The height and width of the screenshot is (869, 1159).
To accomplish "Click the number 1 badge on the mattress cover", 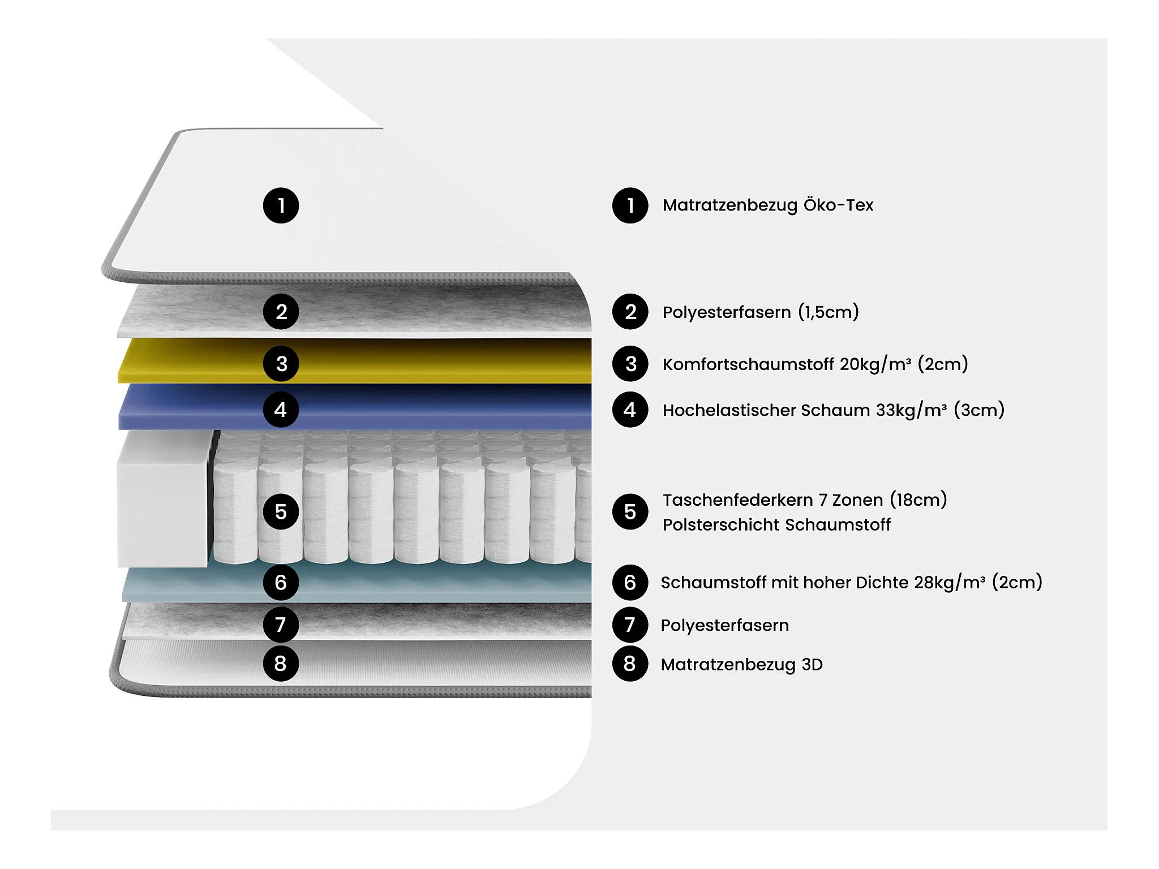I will (281, 205).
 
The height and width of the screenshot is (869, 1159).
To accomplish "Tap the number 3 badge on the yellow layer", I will (281, 364).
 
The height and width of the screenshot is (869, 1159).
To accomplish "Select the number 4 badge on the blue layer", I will (281, 410).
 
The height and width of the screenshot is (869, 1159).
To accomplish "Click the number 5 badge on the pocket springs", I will (281, 511).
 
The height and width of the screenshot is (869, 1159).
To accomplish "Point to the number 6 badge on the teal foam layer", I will (281, 582).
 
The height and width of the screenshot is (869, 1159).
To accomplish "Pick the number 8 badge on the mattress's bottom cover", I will (281, 663).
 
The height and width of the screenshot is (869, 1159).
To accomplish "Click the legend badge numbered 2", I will (630, 312).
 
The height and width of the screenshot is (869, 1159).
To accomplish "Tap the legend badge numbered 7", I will (630, 625).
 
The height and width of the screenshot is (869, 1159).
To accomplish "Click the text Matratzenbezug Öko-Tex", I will (768, 205).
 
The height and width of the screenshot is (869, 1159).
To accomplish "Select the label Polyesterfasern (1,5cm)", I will (761, 312).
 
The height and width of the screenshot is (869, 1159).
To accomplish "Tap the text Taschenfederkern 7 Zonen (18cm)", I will (805, 500).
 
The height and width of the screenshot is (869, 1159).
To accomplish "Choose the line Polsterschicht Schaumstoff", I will (776, 525).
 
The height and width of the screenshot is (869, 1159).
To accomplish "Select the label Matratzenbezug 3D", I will (741, 664).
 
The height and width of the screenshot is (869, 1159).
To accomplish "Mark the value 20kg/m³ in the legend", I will (875, 364).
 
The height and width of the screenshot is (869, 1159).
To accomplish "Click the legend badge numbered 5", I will (630, 511).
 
